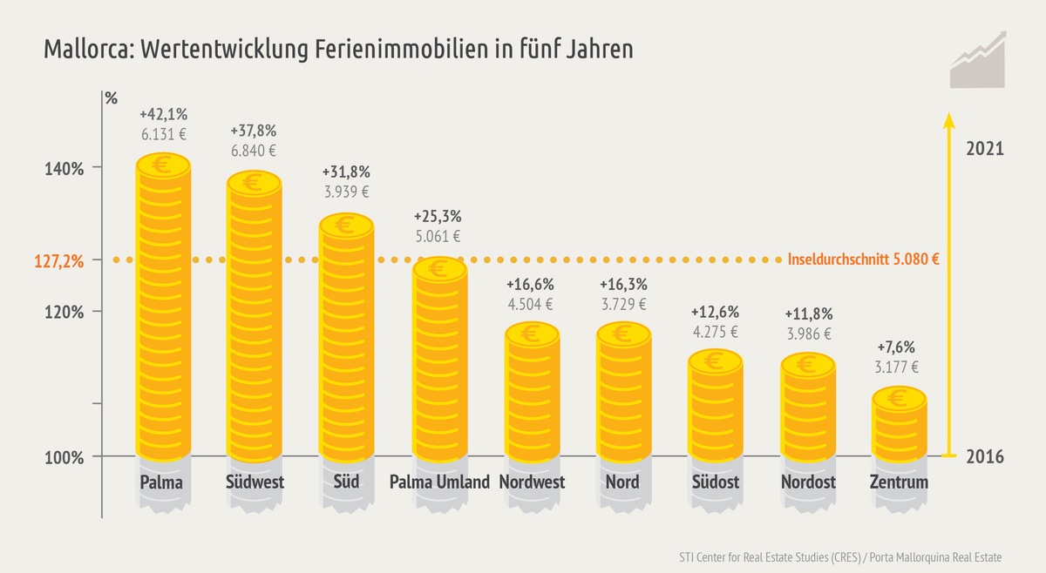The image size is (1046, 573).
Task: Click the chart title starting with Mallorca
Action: [338, 50]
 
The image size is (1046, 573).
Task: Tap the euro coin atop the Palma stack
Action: [163, 164]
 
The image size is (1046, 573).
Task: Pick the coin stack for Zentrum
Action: [899, 427]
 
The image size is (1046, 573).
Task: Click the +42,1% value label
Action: [163, 114]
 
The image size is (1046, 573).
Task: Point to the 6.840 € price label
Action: [254, 151]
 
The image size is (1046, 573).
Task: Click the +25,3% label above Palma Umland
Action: [437, 216]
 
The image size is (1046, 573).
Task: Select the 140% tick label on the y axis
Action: [65, 168]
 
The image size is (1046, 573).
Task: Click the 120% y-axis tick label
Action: [65, 313]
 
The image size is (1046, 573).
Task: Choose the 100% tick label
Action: [65, 457]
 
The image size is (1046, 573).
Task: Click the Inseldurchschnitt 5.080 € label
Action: [862, 260]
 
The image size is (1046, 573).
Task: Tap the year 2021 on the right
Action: [985, 149]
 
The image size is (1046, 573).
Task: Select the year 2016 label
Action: [985, 457]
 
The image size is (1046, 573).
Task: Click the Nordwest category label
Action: [532, 482]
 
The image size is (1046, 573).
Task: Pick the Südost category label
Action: [715, 482]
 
